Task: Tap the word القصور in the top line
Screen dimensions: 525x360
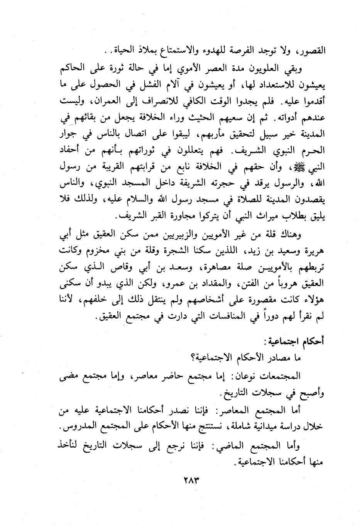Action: [x=311, y=50]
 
